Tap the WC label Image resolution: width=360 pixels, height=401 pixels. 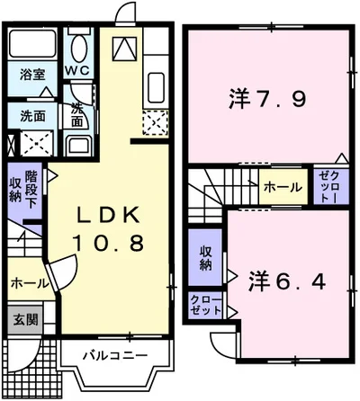79,69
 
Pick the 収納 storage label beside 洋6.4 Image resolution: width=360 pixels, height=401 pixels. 204,257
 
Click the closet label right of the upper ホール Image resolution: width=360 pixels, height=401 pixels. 326,185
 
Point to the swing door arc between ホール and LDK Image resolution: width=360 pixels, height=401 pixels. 63,270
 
